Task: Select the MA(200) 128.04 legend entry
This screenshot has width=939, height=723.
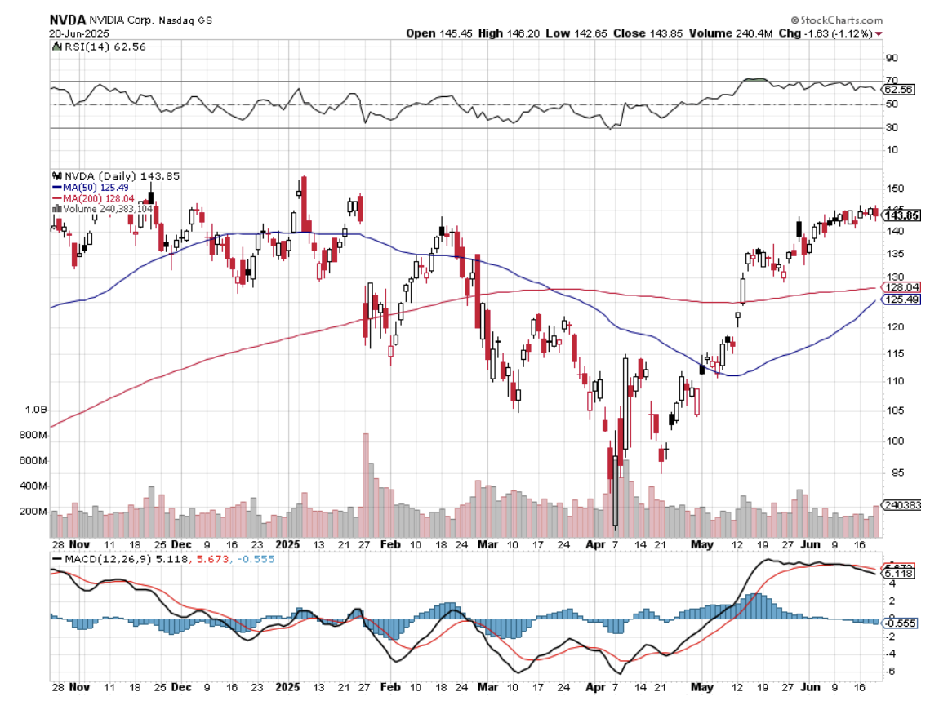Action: [x=97, y=197]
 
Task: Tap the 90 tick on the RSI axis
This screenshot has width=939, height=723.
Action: [x=892, y=58]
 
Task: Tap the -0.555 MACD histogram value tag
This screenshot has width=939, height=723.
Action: [x=900, y=623]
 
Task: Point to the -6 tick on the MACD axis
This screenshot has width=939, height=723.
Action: [x=892, y=671]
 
